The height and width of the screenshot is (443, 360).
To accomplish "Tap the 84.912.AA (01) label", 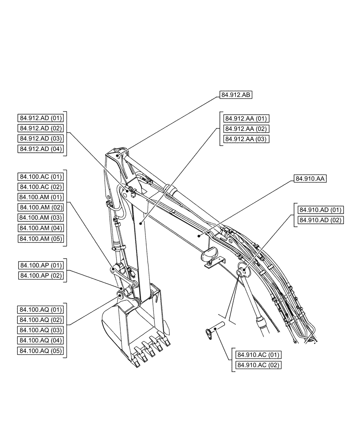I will (247, 118).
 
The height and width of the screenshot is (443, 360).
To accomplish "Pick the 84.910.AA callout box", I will (309, 179).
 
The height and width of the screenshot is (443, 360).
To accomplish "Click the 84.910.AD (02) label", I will (321, 220).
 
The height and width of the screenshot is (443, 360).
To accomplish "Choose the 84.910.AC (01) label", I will (259, 355).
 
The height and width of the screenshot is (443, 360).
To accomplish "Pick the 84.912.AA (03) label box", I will (247, 139).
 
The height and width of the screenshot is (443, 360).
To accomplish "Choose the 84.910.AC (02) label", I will (259, 365).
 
